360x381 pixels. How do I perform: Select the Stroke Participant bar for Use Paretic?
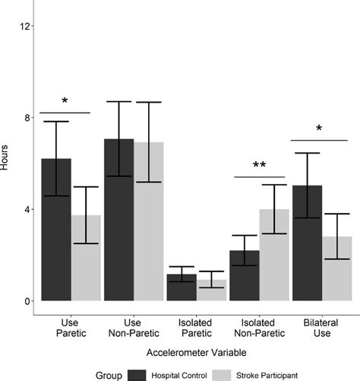pyautogui.click(x=86, y=258)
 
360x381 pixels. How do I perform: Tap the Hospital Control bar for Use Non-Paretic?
pyautogui.click(x=118, y=220)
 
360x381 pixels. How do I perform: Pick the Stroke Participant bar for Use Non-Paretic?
pyautogui.click(x=148, y=221)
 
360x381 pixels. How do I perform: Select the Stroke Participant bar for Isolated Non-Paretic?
pyautogui.click(x=273, y=255)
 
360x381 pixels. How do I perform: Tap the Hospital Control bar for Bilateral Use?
pyautogui.click(x=306, y=243)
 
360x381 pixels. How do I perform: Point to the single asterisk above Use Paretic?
pyautogui.click(x=65, y=102)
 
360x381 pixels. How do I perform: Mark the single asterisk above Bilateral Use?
pyautogui.click(x=319, y=129)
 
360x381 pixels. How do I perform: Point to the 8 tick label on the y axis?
pyautogui.click(x=28, y=118)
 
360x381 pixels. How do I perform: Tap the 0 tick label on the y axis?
pyautogui.click(x=28, y=301)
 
